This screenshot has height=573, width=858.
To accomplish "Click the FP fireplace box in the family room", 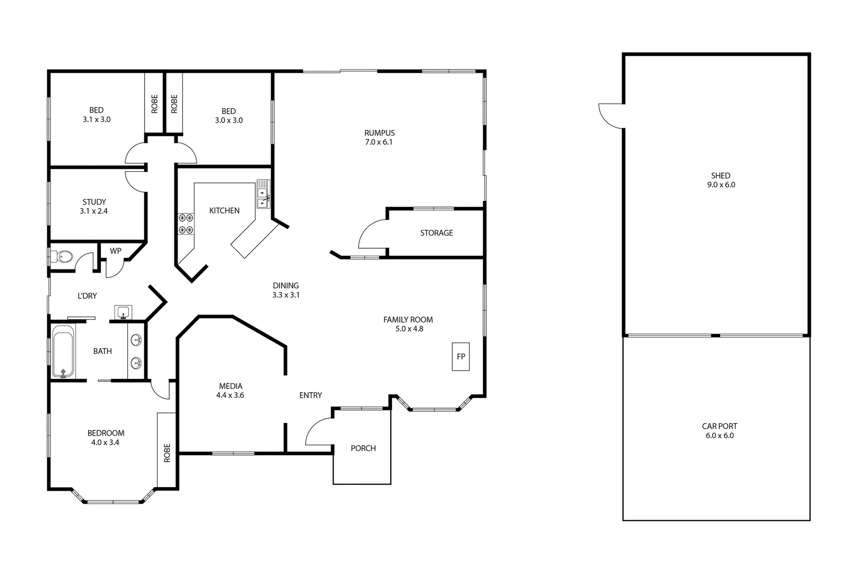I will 460,357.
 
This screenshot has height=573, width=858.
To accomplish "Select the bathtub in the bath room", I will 64,352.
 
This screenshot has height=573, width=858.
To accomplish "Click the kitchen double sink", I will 263,195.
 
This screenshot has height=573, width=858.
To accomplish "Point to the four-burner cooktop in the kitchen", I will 186,223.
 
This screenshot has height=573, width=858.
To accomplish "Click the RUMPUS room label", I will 379,133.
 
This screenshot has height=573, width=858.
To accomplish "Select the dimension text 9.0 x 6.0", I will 720,185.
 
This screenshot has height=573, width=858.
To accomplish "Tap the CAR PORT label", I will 719,426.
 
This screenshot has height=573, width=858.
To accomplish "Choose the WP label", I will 116,250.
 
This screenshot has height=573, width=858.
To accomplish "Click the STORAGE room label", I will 436,233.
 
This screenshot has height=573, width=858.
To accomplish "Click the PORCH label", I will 363,448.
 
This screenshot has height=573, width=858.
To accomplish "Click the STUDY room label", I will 94,202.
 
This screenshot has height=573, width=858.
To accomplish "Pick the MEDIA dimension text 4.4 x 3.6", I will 230,395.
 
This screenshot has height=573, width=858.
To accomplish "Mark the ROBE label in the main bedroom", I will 167,453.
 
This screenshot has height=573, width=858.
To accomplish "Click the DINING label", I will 286,285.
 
